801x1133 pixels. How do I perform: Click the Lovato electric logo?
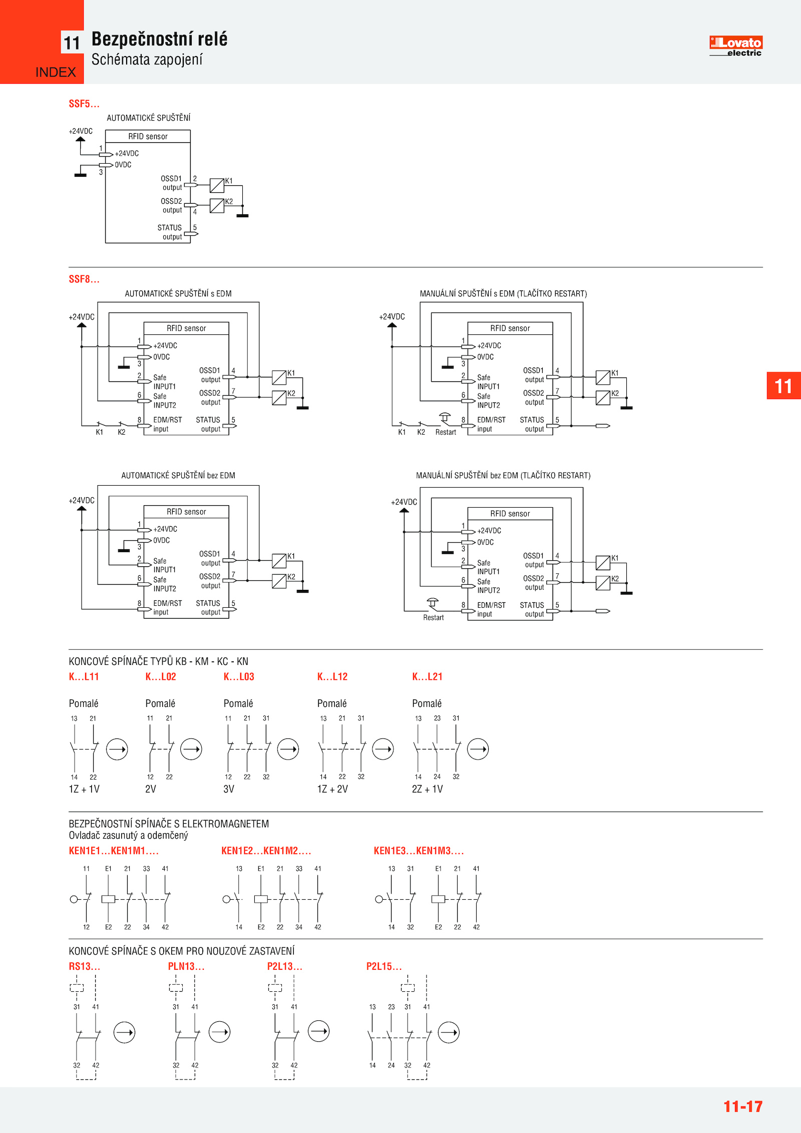click(x=735, y=46)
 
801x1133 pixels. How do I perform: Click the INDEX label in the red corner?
click(x=56, y=73)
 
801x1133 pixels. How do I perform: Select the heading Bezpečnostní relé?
click(x=159, y=39)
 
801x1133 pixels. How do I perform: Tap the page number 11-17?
click(x=742, y=1106)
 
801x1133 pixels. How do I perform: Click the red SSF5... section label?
click(x=84, y=104)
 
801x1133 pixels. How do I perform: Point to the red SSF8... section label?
click(x=84, y=279)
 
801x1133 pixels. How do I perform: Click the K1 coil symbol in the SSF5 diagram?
click(x=217, y=186)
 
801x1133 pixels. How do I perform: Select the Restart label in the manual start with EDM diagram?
click(x=446, y=433)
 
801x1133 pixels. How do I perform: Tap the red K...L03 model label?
click(x=239, y=677)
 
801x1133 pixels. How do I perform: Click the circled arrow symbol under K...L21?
click(x=478, y=749)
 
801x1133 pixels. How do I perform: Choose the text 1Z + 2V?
click(x=332, y=789)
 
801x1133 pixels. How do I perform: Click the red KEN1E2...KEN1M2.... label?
click(x=266, y=851)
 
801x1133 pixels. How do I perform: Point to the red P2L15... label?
click(x=384, y=966)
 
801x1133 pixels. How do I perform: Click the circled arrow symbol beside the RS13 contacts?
click(x=124, y=1032)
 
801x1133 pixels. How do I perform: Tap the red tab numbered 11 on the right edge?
click(x=783, y=386)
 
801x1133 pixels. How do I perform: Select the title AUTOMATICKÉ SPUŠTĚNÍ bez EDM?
click(x=178, y=476)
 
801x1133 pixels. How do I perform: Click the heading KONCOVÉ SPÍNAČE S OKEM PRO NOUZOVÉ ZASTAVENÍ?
click(x=182, y=951)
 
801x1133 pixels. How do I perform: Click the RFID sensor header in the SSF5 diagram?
click(x=148, y=137)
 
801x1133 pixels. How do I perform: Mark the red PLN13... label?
click(x=186, y=966)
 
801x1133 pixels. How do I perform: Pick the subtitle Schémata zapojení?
click(x=147, y=60)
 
